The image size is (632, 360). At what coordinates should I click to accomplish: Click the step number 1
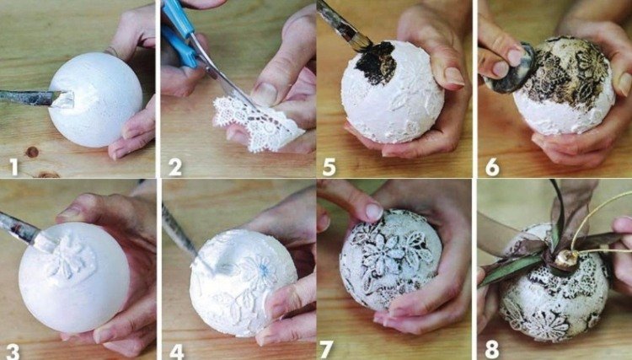[x=14, y=167]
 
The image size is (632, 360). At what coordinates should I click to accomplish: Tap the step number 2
[x=175, y=167]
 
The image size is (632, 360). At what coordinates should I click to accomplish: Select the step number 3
[x=13, y=352]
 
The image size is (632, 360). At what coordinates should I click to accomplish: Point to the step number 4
[x=177, y=352]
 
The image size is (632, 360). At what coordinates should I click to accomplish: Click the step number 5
[x=329, y=167]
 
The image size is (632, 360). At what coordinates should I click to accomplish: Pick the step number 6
[x=493, y=167]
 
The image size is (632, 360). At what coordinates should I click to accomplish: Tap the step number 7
[x=326, y=351]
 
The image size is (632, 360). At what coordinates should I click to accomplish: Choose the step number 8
[x=492, y=351]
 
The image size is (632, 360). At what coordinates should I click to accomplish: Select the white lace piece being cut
[x=257, y=124]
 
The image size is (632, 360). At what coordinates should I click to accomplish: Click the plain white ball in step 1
[x=95, y=100]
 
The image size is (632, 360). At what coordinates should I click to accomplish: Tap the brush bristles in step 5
[x=361, y=41]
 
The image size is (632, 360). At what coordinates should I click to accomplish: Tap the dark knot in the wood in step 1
[x=32, y=152]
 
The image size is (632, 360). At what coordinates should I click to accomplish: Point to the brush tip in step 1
[x=66, y=99]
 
